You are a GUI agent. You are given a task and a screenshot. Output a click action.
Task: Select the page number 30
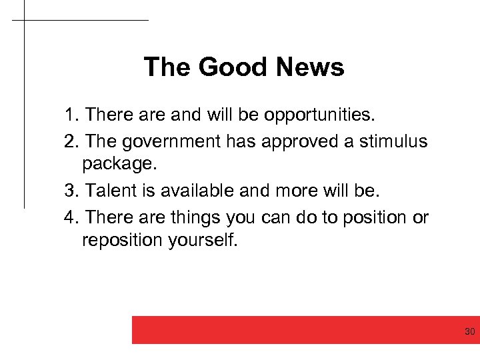coord(469,331)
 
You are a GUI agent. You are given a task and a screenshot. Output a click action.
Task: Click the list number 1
coord(71,116)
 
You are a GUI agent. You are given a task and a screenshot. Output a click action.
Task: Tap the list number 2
coord(71,141)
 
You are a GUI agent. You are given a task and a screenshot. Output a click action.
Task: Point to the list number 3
coord(71,192)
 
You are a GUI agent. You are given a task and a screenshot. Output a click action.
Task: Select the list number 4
coord(71,217)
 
